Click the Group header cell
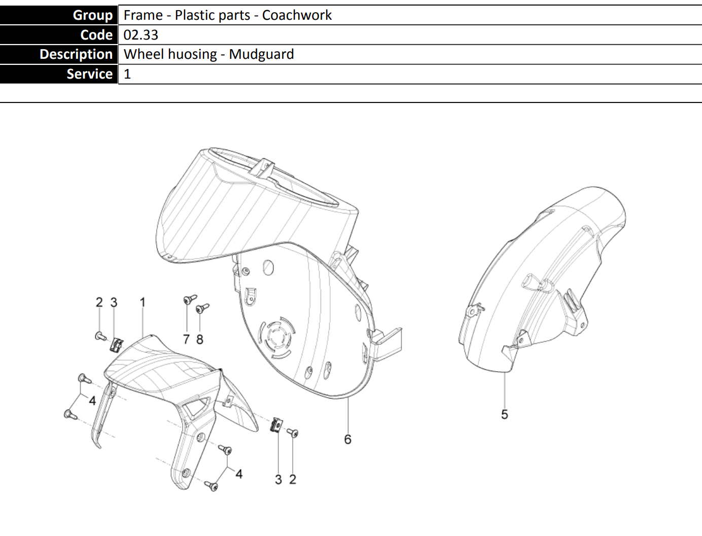pyautogui.click(x=59, y=15)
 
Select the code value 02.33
pyautogui.click(x=141, y=35)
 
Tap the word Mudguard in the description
pyautogui.click(x=261, y=54)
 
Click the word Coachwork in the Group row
pyautogui.click(x=297, y=15)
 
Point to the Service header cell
pyautogui.click(x=59, y=74)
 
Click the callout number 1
pyautogui.click(x=143, y=302)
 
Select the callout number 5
pyautogui.click(x=504, y=414)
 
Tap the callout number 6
pyautogui.click(x=347, y=440)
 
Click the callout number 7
pyautogui.click(x=187, y=339)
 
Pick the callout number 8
pyautogui.click(x=200, y=339)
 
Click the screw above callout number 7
pyautogui.click(x=190, y=299)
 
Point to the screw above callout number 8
pyautogui.click(x=202, y=308)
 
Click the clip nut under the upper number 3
pyautogui.click(x=117, y=345)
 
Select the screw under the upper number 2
pyautogui.click(x=101, y=336)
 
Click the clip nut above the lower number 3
pyautogui.click(x=276, y=425)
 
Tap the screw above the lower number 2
pyautogui.click(x=293, y=433)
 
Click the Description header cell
pyautogui.click(x=59, y=54)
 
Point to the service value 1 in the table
pyautogui.click(x=127, y=74)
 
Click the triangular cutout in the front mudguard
pyautogui.click(x=196, y=407)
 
